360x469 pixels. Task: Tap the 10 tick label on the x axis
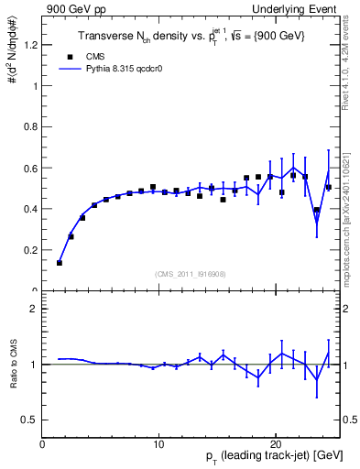158,444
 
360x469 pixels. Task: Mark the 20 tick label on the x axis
275,444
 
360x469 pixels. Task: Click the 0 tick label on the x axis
42,444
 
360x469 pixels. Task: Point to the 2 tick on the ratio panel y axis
34,309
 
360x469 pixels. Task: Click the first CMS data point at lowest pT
60,263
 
